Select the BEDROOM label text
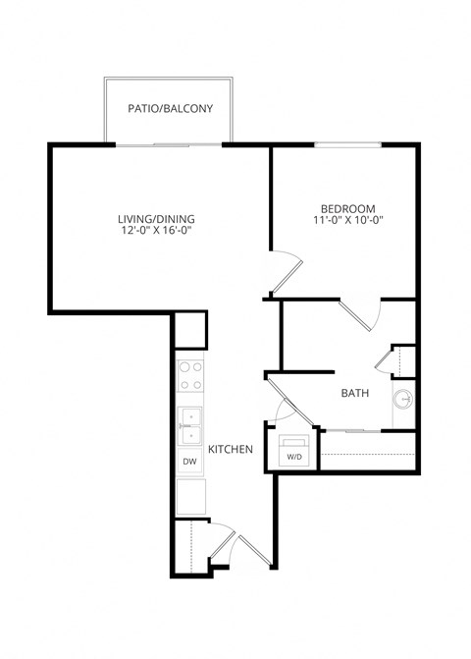coord(348,208)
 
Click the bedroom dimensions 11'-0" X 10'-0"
coord(348,221)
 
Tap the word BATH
coord(354,394)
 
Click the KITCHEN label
coord(232,450)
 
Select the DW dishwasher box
coord(189,462)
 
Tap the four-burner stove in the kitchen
coord(190,376)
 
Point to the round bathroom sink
coord(402,400)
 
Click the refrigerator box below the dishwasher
coord(189,497)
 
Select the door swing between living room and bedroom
coord(287,270)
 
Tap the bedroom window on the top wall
coord(348,145)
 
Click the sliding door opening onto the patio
coord(169,145)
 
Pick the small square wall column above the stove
coord(190,328)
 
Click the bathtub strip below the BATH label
coord(369,452)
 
